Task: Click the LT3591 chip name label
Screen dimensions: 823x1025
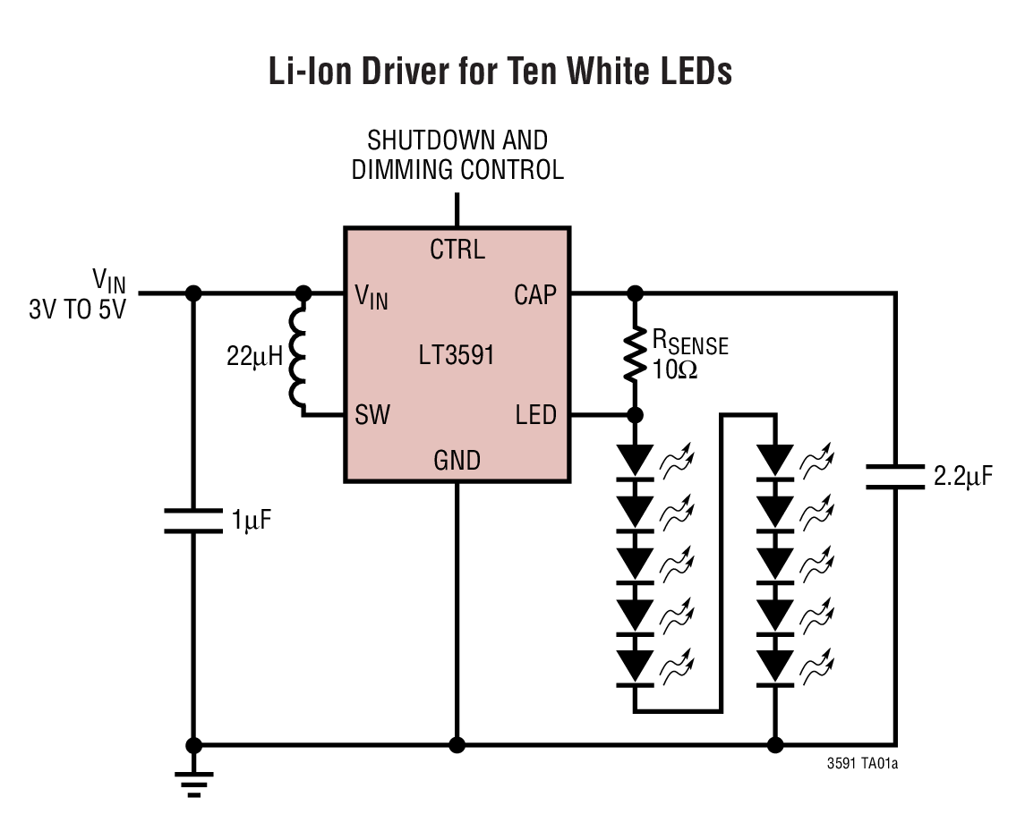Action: click(x=457, y=355)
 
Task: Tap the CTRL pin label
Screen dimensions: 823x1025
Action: click(x=457, y=250)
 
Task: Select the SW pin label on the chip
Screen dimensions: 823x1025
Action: click(x=372, y=414)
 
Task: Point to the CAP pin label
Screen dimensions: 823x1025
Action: click(x=535, y=294)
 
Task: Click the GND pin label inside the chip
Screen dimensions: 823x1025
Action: click(x=457, y=461)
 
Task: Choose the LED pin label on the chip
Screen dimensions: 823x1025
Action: click(x=535, y=414)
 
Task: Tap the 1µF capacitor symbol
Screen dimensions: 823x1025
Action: click(x=192, y=521)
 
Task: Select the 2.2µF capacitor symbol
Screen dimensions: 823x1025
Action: click(x=895, y=477)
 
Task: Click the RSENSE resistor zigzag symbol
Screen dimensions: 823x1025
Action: click(x=635, y=354)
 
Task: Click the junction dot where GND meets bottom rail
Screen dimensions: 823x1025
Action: click(x=457, y=744)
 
